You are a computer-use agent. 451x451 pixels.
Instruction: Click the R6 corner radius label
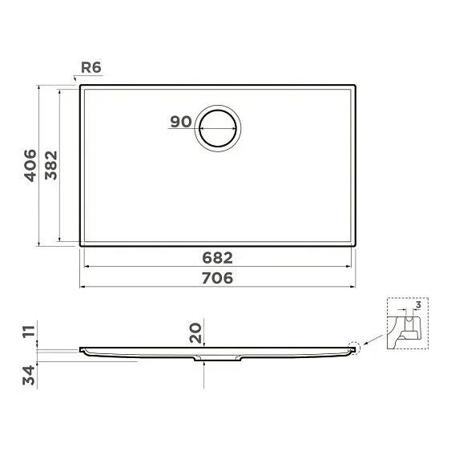click(x=90, y=69)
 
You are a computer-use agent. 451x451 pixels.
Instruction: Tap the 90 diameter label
click(x=180, y=122)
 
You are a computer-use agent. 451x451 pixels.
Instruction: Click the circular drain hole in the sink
click(x=218, y=127)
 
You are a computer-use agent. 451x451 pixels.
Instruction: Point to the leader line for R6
click(x=77, y=78)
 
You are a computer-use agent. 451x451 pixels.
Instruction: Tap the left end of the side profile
click(x=81, y=349)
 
